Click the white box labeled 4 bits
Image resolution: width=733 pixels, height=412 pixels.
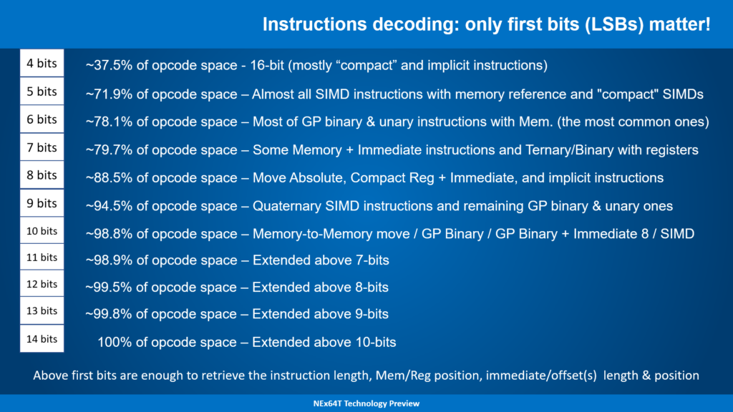(42, 63)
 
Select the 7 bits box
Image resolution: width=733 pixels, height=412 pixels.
(42, 147)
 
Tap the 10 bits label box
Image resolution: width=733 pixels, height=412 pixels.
(42, 231)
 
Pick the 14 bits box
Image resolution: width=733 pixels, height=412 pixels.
(42, 338)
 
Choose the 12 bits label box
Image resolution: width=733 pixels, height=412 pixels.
(42, 283)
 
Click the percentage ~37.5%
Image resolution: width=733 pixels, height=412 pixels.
(109, 65)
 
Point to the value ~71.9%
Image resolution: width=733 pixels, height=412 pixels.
(109, 94)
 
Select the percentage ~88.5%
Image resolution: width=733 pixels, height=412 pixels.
(109, 178)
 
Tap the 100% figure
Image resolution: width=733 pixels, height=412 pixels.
(115, 343)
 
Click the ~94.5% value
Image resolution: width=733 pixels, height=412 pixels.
(109, 206)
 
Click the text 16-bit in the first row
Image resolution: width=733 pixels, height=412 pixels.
(267, 65)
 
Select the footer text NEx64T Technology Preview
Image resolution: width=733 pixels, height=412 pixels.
(366, 403)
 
